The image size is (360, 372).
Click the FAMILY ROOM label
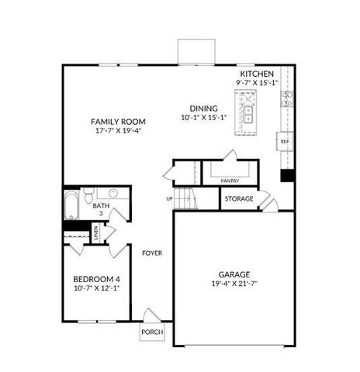(114, 122)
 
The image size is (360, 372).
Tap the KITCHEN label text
(256, 73)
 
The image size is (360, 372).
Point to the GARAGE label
(234, 274)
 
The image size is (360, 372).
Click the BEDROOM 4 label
(96, 279)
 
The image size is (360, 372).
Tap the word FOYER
(151, 253)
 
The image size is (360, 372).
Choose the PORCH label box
(151, 332)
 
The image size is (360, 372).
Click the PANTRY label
(229, 181)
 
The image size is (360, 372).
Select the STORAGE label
(239, 199)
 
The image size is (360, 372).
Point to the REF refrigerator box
(285, 142)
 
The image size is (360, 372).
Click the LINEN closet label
(95, 232)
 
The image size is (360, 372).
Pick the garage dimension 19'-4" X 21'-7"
(234, 284)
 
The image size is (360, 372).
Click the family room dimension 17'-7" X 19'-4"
(114, 131)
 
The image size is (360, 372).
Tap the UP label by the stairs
(169, 198)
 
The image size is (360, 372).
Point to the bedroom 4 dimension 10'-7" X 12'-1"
(96, 288)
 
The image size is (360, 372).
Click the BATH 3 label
(99, 209)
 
